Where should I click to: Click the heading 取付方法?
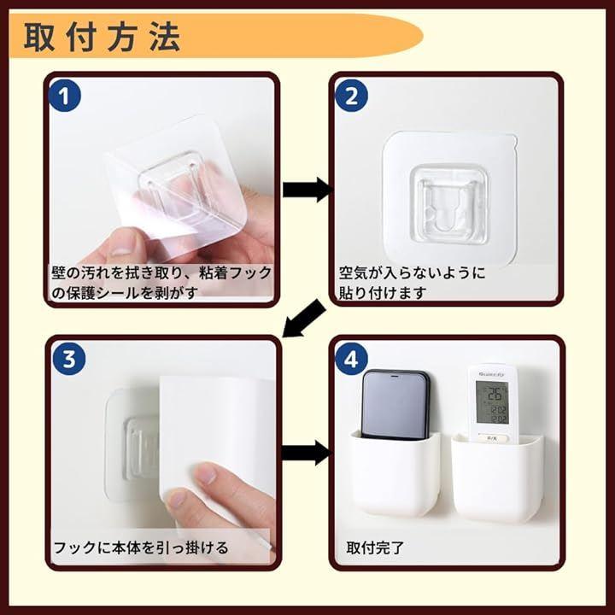pyautogui.click(x=102, y=37)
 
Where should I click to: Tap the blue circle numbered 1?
pyautogui.click(x=65, y=96)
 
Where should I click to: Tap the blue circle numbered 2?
pyautogui.click(x=351, y=96)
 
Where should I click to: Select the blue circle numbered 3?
pyautogui.click(x=69, y=359)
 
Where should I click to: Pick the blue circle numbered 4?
pyautogui.click(x=351, y=359)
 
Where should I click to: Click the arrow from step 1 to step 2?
pyautogui.click(x=307, y=190)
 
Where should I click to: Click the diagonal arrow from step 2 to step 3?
pyautogui.click(x=303, y=319)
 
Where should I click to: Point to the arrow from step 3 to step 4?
pyautogui.click(x=307, y=453)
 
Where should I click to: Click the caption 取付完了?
pyautogui.click(x=375, y=548)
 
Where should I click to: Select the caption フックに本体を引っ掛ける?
pyautogui.click(x=140, y=548)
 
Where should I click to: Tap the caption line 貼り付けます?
pyautogui.click(x=382, y=293)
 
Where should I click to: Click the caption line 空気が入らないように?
pyautogui.click(x=412, y=272)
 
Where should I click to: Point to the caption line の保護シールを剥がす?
pyautogui.click(x=124, y=293)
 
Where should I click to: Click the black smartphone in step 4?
pyautogui.click(x=395, y=404)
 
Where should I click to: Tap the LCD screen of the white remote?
pyautogui.click(x=492, y=402)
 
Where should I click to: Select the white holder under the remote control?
pyautogui.click(x=497, y=477)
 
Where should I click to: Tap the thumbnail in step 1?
pyautogui.click(x=122, y=246)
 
